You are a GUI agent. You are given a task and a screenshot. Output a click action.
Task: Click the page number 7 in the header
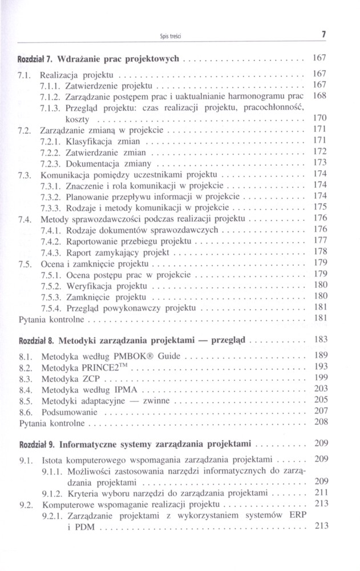click(323, 34)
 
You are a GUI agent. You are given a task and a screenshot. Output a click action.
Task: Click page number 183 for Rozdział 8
click(320, 339)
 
